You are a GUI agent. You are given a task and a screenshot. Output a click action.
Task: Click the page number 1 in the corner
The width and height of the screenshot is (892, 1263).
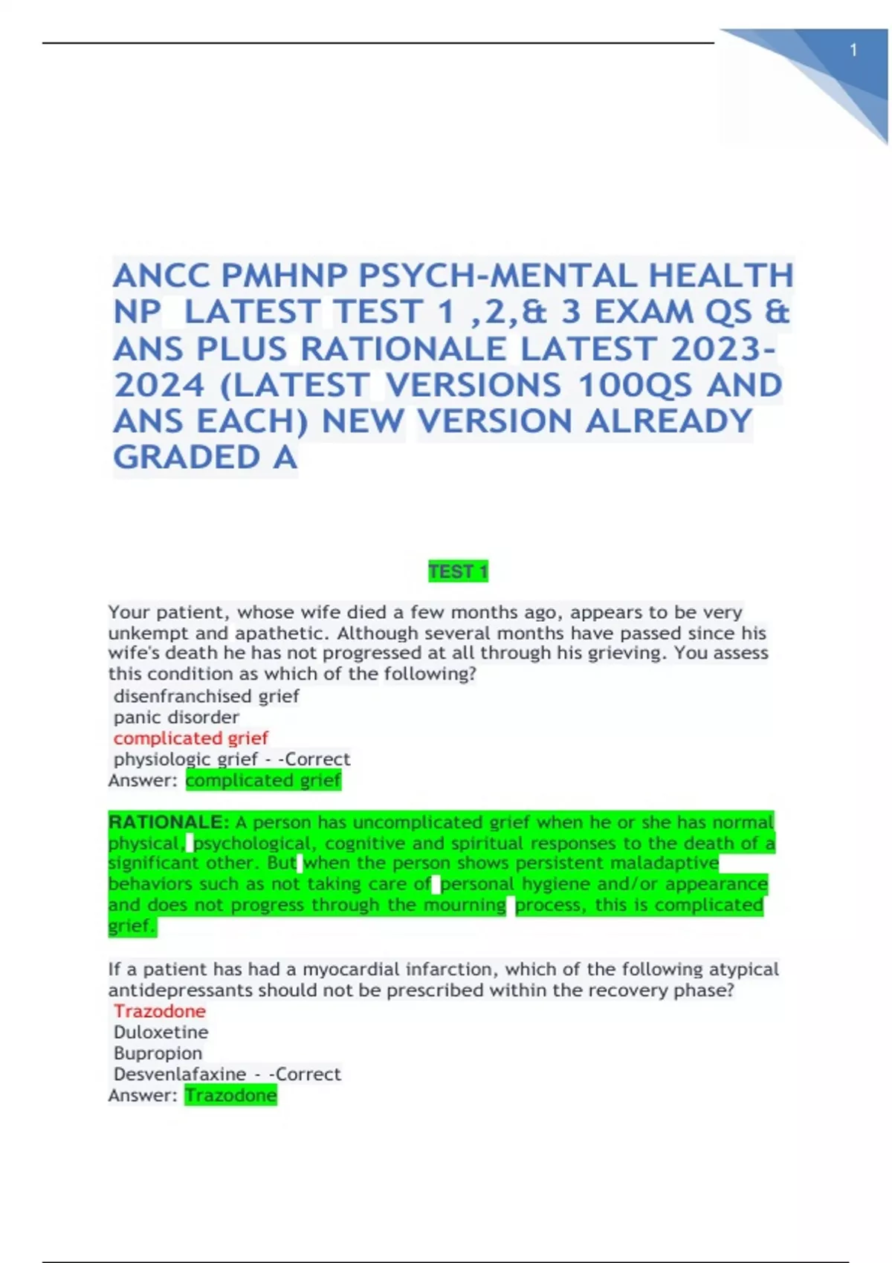pyautogui.click(x=853, y=51)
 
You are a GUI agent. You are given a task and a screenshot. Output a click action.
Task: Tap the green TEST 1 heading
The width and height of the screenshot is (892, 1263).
pyautogui.click(x=458, y=571)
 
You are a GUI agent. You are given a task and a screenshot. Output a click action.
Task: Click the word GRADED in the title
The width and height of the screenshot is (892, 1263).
pyautogui.click(x=187, y=458)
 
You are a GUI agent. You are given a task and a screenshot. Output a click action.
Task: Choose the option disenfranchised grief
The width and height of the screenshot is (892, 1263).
pyautogui.click(x=207, y=696)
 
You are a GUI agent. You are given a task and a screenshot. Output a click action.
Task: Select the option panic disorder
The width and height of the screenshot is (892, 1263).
pyautogui.click(x=176, y=717)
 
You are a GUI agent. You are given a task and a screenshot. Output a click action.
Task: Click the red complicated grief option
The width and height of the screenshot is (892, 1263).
pyautogui.click(x=191, y=738)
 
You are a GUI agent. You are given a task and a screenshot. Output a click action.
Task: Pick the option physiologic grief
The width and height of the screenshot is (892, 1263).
pyautogui.click(x=186, y=759)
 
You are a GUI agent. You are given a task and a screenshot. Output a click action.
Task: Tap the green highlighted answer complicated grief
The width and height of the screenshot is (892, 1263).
pyautogui.click(x=263, y=780)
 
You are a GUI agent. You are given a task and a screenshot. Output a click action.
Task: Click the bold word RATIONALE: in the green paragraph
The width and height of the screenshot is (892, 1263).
pyautogui.click(x=169, y=822)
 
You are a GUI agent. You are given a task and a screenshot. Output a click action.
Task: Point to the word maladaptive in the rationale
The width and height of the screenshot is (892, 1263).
pyautogui.click(x=672, y=863)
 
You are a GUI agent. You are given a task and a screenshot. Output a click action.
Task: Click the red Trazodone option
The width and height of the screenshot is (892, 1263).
pyautogui.click(x=160, y=1011)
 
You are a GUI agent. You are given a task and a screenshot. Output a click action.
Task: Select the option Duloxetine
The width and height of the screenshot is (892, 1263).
pyautogui.click(x=161, y=1032)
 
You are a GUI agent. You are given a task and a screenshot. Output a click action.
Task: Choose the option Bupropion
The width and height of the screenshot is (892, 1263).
pyautogui.click(x=158, y=1053)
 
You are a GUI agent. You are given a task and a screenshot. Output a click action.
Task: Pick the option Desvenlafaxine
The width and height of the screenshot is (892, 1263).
pyautogui.click(x=180, y=1074)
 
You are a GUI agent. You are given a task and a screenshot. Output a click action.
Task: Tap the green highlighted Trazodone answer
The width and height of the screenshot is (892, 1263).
pyautogui.click(x=231, y=1095)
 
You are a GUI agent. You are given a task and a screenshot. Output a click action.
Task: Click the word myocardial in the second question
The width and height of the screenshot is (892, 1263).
pyautogui.click(x=349, y=970)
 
